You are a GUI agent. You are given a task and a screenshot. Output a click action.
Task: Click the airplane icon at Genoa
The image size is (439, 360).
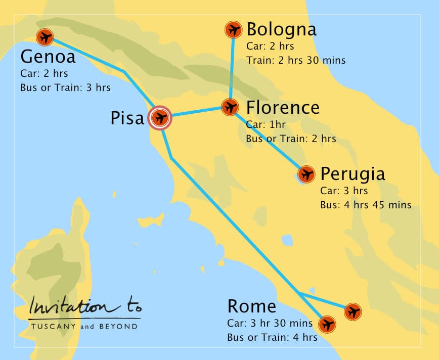tap(45, 37)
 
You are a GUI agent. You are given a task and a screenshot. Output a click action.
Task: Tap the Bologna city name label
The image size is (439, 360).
tap(281, 29)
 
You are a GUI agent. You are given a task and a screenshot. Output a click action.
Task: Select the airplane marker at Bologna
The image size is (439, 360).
tap(233, 30)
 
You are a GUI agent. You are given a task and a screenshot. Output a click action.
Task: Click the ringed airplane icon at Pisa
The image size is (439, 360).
tap(161, 118)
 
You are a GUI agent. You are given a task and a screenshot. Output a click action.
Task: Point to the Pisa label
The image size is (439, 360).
tap(127, 118)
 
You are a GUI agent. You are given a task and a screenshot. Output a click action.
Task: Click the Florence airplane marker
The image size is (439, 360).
tap(230, 107)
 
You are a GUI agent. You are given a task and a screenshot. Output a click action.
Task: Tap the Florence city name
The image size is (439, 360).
tap(282, 108)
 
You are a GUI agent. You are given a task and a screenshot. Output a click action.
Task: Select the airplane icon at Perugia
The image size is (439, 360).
tap(306, 174)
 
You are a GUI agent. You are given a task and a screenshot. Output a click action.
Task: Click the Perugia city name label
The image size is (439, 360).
tap(353, 174)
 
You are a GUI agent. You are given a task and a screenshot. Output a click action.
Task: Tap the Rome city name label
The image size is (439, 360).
tap(251, 306)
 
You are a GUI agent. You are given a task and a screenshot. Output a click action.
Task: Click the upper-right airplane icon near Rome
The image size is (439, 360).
tap(353, 311)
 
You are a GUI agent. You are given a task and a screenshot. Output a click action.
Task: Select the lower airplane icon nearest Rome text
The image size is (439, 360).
tap(328, 324)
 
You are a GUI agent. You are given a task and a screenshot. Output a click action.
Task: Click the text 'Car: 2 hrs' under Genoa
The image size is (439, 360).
tap(44, 74)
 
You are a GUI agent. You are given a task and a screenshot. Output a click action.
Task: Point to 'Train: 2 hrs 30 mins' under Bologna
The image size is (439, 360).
tap(296, 60)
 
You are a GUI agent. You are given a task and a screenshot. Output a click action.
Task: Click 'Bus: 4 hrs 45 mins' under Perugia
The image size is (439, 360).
tap(366, 205)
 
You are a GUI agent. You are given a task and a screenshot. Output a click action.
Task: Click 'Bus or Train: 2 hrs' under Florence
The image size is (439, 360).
tap(291, 138)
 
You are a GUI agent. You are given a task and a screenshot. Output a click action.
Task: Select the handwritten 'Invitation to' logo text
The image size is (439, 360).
tap(85, 305)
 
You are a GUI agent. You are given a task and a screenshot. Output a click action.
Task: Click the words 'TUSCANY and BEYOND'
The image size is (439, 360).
tap(84, 327)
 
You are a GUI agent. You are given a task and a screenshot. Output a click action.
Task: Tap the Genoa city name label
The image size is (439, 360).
tap(48, 56)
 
